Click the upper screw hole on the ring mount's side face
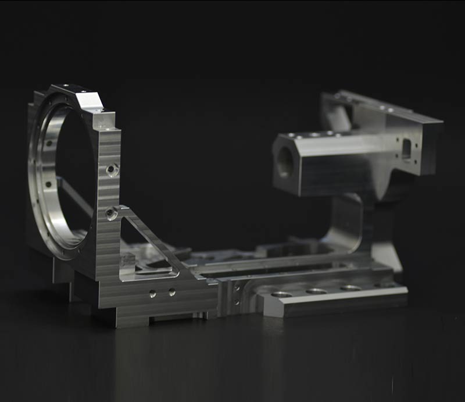pyautogui.click(x=112, y=170)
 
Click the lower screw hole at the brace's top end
pyautogui.click(x=111, y=214)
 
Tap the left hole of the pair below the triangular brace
pyautogui.click(x=152, y=294)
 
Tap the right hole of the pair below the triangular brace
pyautogui.click(x=172, y=292)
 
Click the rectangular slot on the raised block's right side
pyautogui.click(x=407, y=148)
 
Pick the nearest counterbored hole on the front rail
pyautogui.click(x=281, y=294)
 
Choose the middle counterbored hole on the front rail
pyautogui.click(x=316, y=290)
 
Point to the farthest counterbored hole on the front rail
pyautogui.click(x=350, y=287)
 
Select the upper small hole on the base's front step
pyautogui.click(x=236, y=287)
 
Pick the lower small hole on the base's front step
pyautogui.click(x=236, y=301)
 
